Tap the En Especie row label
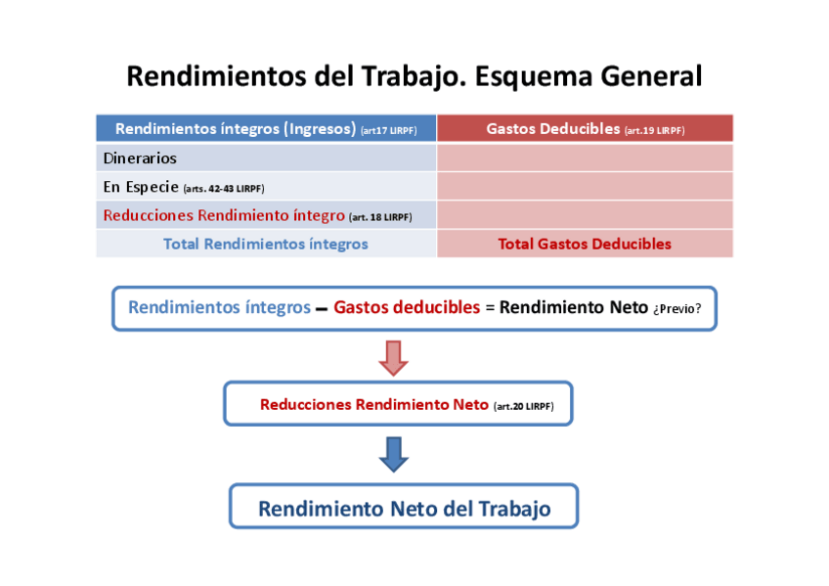click(141, 186)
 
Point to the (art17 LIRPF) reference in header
click(388, 130)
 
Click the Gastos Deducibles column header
click(552, 129)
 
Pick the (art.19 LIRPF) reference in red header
click(654, 130)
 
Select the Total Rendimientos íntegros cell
click(266, 244)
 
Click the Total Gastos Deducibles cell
click(585, 244)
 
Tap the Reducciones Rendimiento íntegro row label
click(224, 215)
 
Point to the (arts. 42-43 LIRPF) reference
click(224, 188)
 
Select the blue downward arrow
click(393, 453)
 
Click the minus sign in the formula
click(321, 308)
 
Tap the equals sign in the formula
click(490, 308)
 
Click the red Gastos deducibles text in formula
click(407, 307)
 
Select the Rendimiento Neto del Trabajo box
click(404, 509)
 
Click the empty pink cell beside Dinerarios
click(585, 158)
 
